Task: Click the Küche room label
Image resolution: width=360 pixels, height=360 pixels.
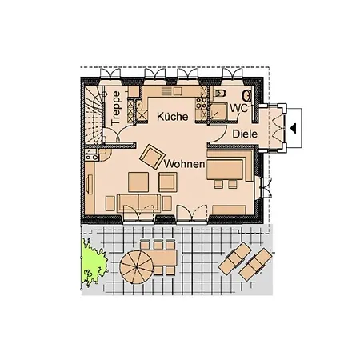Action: [173, 117]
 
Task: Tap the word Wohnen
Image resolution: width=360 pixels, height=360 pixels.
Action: [184, 164]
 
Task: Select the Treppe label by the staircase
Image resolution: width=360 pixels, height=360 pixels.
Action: [116, 108]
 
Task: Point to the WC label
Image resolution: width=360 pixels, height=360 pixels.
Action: [239, 108]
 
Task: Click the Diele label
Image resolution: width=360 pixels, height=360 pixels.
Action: [245, 134]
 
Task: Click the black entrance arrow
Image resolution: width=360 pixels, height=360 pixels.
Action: [294, 128]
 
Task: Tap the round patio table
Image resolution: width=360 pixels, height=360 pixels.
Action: [136, 267]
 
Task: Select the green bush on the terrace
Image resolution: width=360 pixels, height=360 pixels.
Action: [94, 262]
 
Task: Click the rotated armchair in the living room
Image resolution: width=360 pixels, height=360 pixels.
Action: [152, 157]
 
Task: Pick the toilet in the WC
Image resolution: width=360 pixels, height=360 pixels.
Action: [220, 93]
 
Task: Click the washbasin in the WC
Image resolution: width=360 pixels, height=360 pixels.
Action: [247, 96]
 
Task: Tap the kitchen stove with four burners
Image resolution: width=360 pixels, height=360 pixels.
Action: [201, 103]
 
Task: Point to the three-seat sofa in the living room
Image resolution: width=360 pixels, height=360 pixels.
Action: [138, 204]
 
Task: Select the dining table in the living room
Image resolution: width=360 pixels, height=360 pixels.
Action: [225, 170]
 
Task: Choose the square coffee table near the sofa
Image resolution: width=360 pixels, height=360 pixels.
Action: [138, 182]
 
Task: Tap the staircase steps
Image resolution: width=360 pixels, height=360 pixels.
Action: [94, 115]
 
